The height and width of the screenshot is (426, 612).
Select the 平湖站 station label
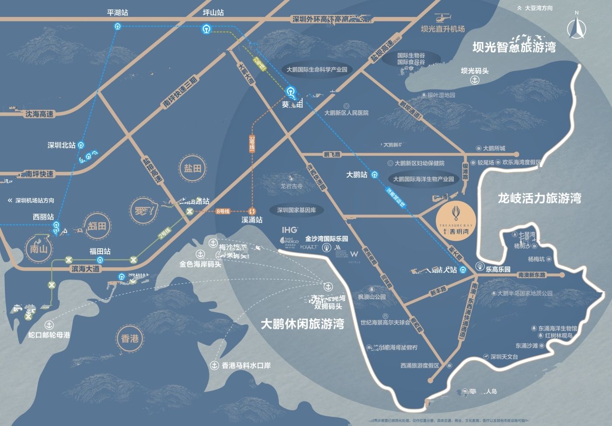117,13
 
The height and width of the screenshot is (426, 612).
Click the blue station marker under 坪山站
206,29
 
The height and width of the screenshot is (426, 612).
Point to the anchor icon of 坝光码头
474,80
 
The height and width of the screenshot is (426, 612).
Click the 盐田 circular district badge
192,168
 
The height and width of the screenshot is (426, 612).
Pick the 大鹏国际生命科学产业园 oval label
317,70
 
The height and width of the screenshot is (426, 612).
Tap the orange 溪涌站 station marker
252,211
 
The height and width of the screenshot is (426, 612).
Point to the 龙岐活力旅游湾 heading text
539,198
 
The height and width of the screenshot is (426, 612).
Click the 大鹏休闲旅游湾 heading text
302,324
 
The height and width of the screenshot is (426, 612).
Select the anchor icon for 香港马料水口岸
214,365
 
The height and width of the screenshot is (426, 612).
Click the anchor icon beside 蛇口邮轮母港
49,325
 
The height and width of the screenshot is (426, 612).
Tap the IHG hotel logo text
289,230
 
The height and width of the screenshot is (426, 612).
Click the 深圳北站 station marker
81,146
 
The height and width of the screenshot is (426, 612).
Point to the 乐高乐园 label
498,269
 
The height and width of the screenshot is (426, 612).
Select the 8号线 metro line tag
222,211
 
